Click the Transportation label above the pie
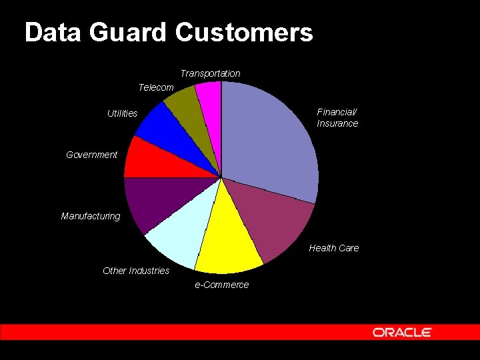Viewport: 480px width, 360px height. (x=210, y=73)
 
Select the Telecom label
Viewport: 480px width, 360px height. (x=156, y=87)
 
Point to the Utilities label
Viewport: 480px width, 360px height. (x=122, y=114)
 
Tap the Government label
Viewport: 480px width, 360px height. (x=91, y=155)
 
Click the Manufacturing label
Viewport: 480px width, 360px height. (x=91, y=216)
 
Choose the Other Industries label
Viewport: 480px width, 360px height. (x=136, y=271)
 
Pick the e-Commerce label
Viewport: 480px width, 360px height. (x=221, y=285)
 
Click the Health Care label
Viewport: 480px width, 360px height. (x=333, y=248)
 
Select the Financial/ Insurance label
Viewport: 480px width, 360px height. (x=337, y=118)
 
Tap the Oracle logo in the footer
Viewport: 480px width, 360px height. (x=402, y=332)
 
